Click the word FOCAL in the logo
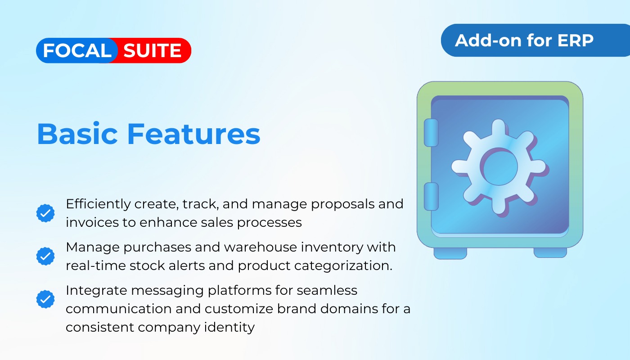pos(77,50)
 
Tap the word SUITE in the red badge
pos(153,50)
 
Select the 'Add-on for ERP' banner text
pos(524,40)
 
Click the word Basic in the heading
pos(77,134)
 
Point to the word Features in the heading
pos(194,134)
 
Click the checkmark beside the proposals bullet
pos(45,213)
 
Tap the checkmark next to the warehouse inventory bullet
pos(45,256)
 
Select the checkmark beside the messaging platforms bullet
pos(45,299)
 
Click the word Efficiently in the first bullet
pos(99,204)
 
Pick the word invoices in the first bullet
pos(92,222)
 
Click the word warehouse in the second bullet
pos(261,247)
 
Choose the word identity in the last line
pos(229,328)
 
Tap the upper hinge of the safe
pos(431,132)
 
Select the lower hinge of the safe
pos(431,196)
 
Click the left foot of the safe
pos(450,253)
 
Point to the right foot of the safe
pos(550,252)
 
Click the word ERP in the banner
pos(575,40)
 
